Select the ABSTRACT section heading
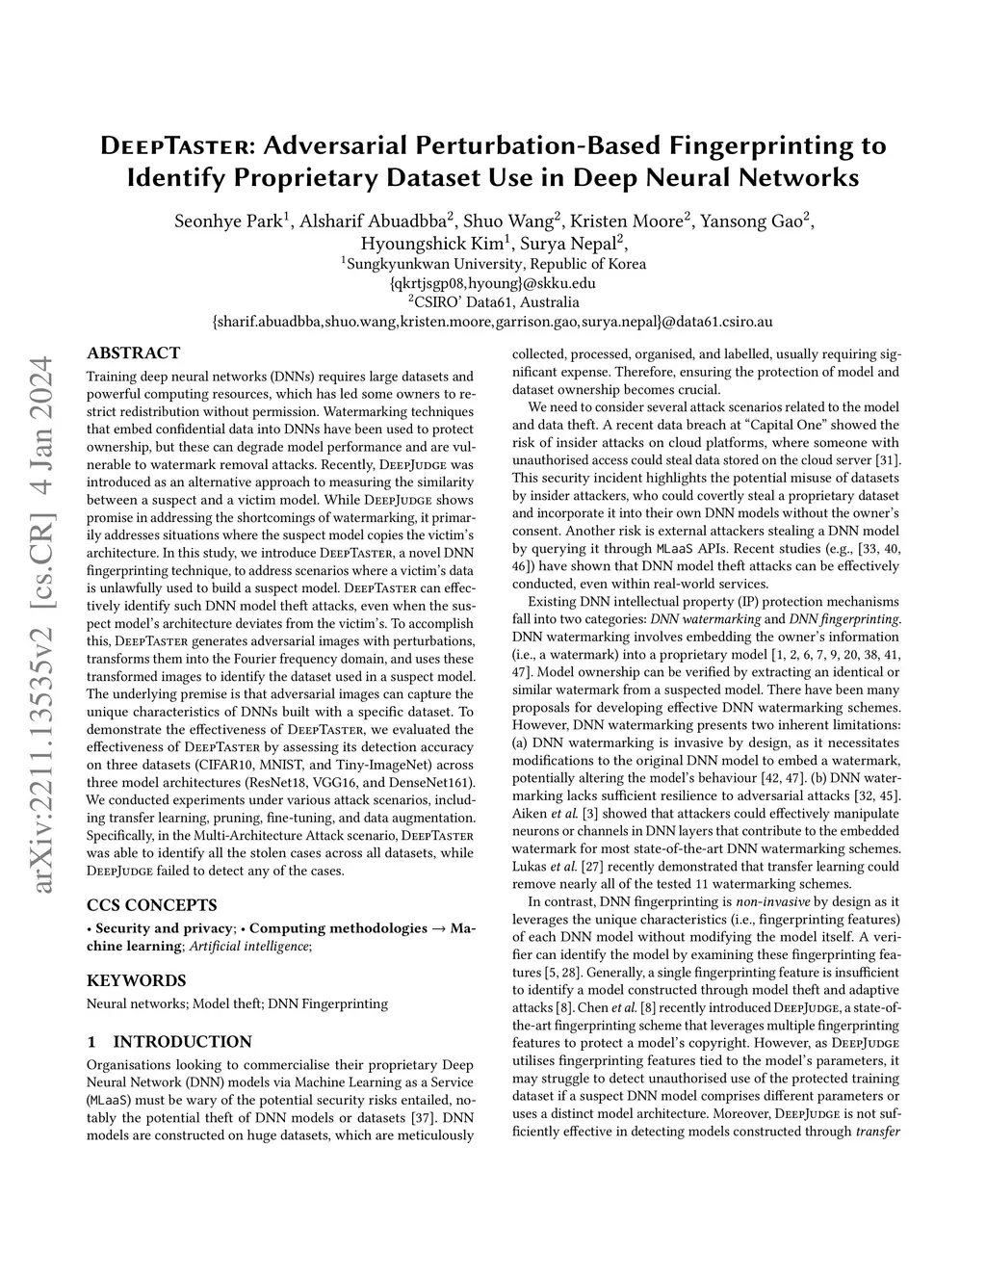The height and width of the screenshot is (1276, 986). tap(133, 353)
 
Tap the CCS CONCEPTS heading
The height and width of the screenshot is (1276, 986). tap(151, 905)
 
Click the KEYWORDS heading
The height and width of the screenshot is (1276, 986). tap(136, 980)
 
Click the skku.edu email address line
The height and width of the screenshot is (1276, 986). tap(493, 283)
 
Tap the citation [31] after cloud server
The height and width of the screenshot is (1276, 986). tap(889, 459)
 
